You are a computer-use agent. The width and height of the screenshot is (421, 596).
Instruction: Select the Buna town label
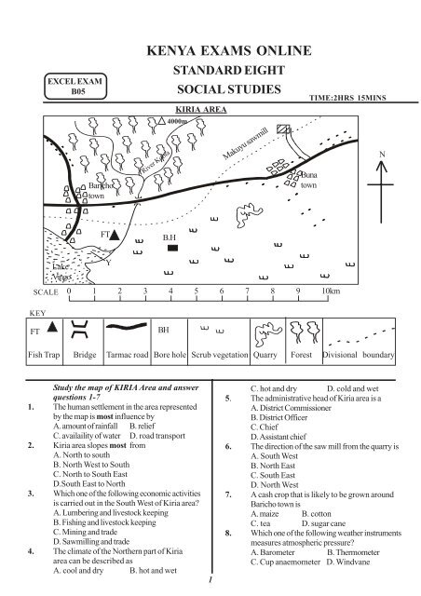pyautogui.click(x=310, y=180)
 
